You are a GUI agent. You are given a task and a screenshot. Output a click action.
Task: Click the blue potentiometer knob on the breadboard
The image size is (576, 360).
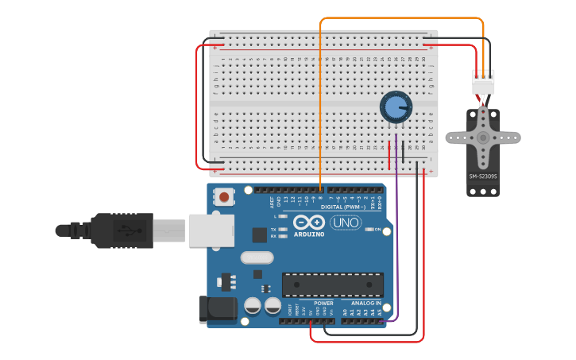pos(396,107)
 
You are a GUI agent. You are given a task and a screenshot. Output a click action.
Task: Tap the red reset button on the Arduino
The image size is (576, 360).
pos(225,196)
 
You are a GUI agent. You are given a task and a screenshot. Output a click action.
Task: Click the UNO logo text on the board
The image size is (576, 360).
pos(346,223)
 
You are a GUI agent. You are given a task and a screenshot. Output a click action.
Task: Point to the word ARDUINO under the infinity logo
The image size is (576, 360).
pos(308,234)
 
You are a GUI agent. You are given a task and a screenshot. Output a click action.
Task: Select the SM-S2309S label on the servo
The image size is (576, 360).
pos(483,176)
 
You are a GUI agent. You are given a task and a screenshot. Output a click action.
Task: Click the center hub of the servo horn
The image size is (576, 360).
pos(483,137)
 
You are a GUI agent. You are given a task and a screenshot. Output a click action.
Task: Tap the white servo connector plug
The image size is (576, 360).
pos(483,82)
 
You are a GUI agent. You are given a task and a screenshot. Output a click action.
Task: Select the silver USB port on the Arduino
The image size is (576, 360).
pos(211,230)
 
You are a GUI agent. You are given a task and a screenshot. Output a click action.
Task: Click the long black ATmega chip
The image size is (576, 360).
pos(333,285)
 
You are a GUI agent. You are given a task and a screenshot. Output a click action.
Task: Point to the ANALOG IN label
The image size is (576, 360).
pos(366,304)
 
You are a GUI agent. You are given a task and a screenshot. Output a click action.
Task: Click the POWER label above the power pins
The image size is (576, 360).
pos(323,304)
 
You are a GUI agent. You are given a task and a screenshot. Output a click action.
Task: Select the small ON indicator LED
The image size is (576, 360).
pos(369,230)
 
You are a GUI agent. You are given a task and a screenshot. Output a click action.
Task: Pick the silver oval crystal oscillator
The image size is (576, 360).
pos(256,257)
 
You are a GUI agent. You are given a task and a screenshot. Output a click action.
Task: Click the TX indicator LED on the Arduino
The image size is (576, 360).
pos(282,229)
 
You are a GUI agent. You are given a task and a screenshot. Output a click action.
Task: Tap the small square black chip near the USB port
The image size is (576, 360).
pos(260,234)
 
